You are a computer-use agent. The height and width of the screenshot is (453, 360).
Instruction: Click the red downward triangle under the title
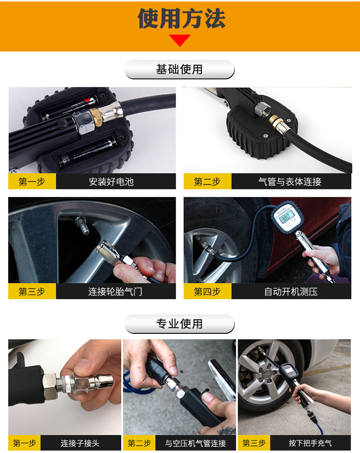(180, 40)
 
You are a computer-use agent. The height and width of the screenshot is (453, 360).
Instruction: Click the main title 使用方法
(181, 19)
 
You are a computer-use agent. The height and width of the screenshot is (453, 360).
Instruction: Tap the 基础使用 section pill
(179, 69)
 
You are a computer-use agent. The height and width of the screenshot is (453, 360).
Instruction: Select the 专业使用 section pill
(179, 324)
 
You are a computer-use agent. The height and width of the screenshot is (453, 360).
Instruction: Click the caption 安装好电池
(111, 182)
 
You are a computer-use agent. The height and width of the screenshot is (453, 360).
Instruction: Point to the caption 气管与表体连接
(290, 182)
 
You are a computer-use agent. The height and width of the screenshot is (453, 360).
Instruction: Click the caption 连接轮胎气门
(115, 291)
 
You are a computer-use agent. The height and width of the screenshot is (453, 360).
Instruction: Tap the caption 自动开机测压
(291, 291)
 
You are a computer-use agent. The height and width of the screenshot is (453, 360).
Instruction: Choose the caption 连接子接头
(80, 443)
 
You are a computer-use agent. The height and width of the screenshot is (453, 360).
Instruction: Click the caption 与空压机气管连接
(195, 443)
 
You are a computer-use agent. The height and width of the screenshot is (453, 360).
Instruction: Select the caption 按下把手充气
(311, 443)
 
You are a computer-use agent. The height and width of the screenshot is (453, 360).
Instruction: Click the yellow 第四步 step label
(207, 291)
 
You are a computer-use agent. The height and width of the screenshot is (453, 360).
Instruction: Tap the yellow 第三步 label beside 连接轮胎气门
(32, 291)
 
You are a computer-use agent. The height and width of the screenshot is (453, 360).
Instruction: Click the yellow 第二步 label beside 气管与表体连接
(207, 182)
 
